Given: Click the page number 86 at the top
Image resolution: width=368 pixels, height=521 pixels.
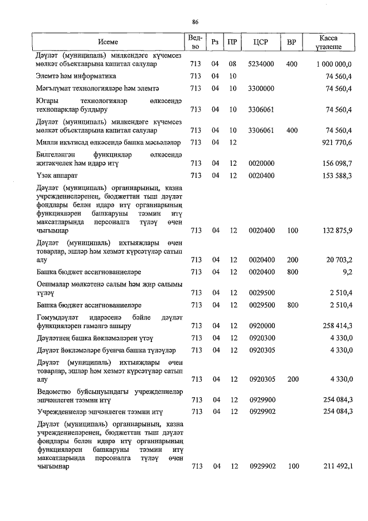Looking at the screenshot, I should (x=195, y=22).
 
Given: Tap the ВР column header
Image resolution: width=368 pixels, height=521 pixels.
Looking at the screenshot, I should (x=292, y=42).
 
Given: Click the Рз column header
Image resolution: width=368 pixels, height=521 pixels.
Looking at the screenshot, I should (x=215, y=42).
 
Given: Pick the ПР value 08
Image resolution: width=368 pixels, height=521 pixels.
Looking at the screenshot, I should (x=233, y=64).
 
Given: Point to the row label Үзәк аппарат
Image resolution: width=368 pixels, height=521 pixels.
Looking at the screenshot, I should (x=56, y=175).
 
